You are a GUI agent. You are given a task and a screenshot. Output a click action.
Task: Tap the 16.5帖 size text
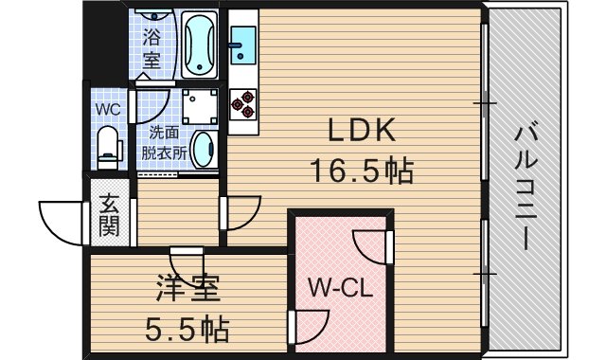pos(361,171)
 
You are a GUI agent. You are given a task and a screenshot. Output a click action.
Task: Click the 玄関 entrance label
pos(108,219)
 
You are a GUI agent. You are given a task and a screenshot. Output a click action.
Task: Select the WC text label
pos(107,109)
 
